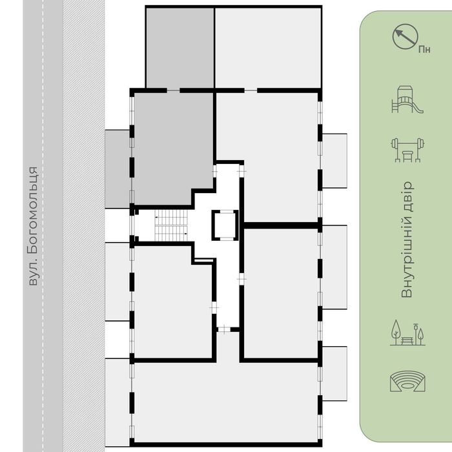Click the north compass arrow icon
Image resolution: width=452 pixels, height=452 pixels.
405,37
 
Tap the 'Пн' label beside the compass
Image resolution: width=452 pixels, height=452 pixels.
424,50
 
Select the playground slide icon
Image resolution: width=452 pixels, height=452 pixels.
407,99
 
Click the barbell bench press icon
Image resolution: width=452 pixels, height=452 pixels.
407,150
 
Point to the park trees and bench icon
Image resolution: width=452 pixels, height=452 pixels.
407,333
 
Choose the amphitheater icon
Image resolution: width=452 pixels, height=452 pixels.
407,382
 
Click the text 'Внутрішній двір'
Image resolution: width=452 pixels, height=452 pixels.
407,240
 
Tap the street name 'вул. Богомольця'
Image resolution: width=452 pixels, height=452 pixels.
33,226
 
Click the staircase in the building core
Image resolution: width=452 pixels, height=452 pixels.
171,225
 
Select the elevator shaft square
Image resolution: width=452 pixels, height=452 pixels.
225,225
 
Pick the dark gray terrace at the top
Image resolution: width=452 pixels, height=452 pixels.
180,48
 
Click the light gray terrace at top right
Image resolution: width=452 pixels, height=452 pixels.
268,48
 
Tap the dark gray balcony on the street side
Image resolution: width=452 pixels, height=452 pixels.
117,169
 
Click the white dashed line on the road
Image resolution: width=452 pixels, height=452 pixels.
43,226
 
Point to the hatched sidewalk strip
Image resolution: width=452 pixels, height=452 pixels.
84,226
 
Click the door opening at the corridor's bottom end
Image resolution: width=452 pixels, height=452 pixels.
224,329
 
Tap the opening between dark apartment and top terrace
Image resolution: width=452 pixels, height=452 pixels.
174,90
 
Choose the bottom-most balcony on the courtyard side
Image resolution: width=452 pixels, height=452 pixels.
334,374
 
